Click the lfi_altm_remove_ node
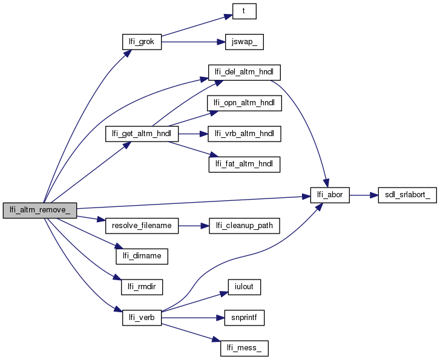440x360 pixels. point(40,210)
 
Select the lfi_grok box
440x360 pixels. point(141,41)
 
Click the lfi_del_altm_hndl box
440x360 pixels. point(245,71)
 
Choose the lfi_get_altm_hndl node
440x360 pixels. point(141,134)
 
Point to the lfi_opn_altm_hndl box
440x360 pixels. point(245,103)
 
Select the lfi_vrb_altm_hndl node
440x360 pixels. point(245,134)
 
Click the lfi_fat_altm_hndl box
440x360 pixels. point(245,164)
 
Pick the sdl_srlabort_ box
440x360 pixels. point(407,195)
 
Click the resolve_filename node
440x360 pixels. point(142,226)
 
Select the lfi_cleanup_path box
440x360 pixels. point(245,226)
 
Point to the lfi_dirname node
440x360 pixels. point(142,255)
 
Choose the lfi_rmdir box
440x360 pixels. point(142,286)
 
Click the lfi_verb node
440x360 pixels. point(142,316)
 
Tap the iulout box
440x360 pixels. point(245,286)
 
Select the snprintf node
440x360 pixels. point(245,316)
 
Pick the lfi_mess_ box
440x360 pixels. point(245,348)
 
